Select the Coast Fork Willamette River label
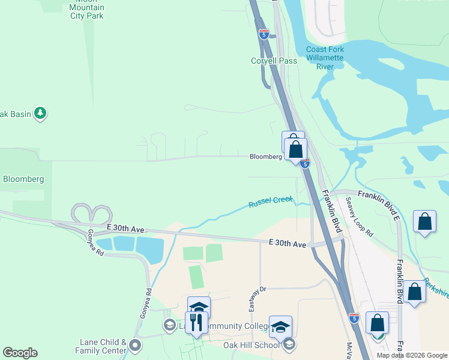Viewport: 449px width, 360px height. [x=328, y=58]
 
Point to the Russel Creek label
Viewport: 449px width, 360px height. [x=270, y=203]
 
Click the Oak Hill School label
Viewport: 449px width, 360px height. [x=251, y=344]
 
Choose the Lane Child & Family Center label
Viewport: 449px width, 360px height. [x=101, y=346]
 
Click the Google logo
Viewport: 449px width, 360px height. [x=20, y=353]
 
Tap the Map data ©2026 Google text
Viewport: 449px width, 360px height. [x=412, y=355]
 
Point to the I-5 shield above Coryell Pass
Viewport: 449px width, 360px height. [x=264, y=34]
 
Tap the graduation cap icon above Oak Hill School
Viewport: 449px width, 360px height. [x=280, y=327]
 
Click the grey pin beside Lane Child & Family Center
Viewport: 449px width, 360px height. [x=135, y=345]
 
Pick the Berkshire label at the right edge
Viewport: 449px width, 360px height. [x=436, y=287]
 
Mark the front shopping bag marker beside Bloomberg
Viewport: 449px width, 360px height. [x=295, y=149]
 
